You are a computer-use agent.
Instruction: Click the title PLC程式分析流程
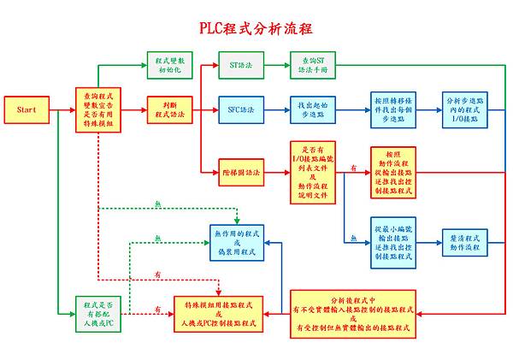(x=257, y=27)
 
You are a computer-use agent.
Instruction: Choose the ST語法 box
(x=234, y=64)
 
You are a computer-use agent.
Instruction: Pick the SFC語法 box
(x=234, y=109)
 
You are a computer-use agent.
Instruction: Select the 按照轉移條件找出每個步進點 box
(x=394, y=109)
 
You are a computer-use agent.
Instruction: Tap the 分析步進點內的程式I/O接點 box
(x=468, y=109)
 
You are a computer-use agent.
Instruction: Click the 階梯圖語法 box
(x=234, y=171)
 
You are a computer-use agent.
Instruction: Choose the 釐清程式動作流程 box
(x=468, y=239)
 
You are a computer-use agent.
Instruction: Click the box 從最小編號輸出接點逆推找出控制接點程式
(x=394, y=239)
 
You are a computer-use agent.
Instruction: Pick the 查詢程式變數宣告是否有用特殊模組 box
(x=99, y=109)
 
